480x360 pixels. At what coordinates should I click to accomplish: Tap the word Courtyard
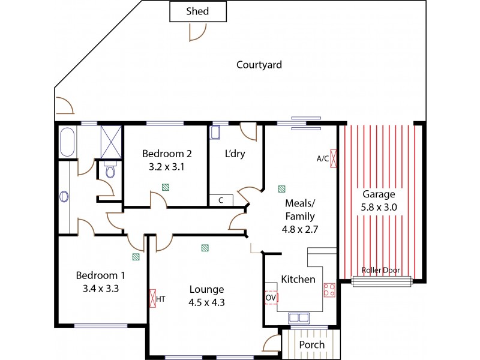tap(259, 65)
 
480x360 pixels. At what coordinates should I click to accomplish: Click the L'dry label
tap(235, 154)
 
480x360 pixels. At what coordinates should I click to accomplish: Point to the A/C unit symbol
tap(334, 159)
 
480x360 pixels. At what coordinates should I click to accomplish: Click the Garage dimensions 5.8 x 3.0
tap(379, 206)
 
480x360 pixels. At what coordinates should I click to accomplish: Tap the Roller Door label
tap(381, 270)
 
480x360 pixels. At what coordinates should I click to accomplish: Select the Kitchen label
tap(298, 279)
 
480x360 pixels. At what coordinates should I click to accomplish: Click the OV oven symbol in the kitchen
tap(271, 298)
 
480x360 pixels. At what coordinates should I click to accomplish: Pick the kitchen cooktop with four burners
tap(329, 290)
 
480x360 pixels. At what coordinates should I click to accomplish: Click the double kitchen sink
tap(298, 317)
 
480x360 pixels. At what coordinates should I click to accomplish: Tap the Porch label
tap(311, 344)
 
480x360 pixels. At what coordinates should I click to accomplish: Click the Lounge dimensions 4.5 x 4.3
tap(206, 302)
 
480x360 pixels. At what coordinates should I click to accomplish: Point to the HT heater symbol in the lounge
tap(153, 298)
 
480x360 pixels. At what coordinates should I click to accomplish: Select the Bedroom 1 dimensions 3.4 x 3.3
tap(100, 289)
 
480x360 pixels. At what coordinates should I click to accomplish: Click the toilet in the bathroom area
tap(109, 172)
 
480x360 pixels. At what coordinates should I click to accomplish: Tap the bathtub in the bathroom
tap(67, 143)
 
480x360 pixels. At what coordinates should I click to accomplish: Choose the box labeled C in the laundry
tap(221, 200)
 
